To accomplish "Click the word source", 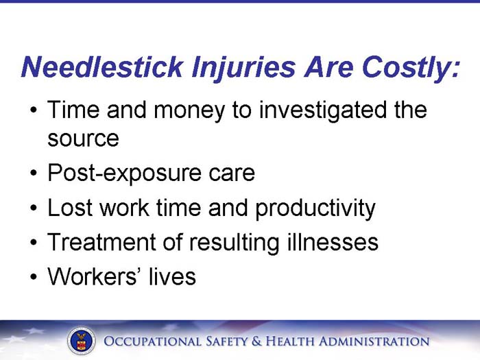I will click(83, 139).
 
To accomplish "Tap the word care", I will click(231, 173).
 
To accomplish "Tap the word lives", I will click(173, 276).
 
